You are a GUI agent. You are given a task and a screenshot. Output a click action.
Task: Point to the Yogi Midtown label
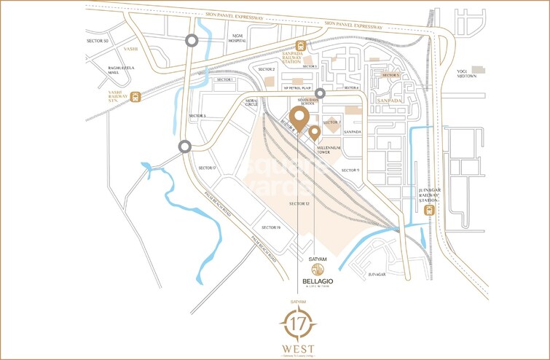(477, 74)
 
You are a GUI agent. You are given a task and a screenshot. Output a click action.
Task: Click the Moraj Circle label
(253, 102)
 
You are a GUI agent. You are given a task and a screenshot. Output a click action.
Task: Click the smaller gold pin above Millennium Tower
(314, 133)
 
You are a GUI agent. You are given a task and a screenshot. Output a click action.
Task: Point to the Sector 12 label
(299, 203)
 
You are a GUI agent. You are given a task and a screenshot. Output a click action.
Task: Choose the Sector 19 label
(271, 228)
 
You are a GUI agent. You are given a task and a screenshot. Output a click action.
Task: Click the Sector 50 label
(97, 42)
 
